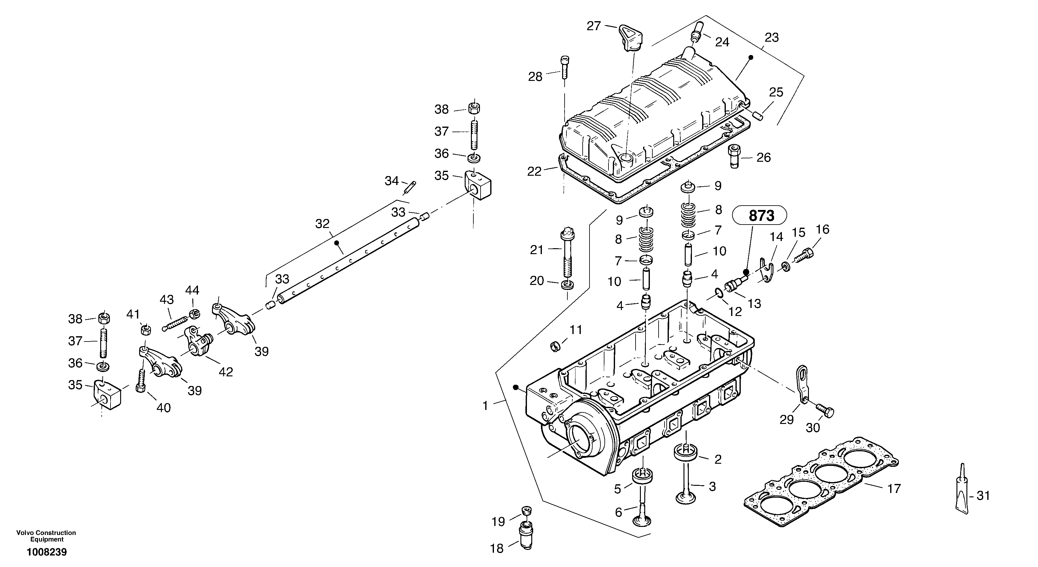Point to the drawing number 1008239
(x=47, y=552)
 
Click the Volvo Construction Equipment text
(x=46, y=536)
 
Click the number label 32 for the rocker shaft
(x=322, y=224)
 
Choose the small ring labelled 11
(x=556, y=346)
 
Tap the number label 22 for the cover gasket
(x=534, y=172)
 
